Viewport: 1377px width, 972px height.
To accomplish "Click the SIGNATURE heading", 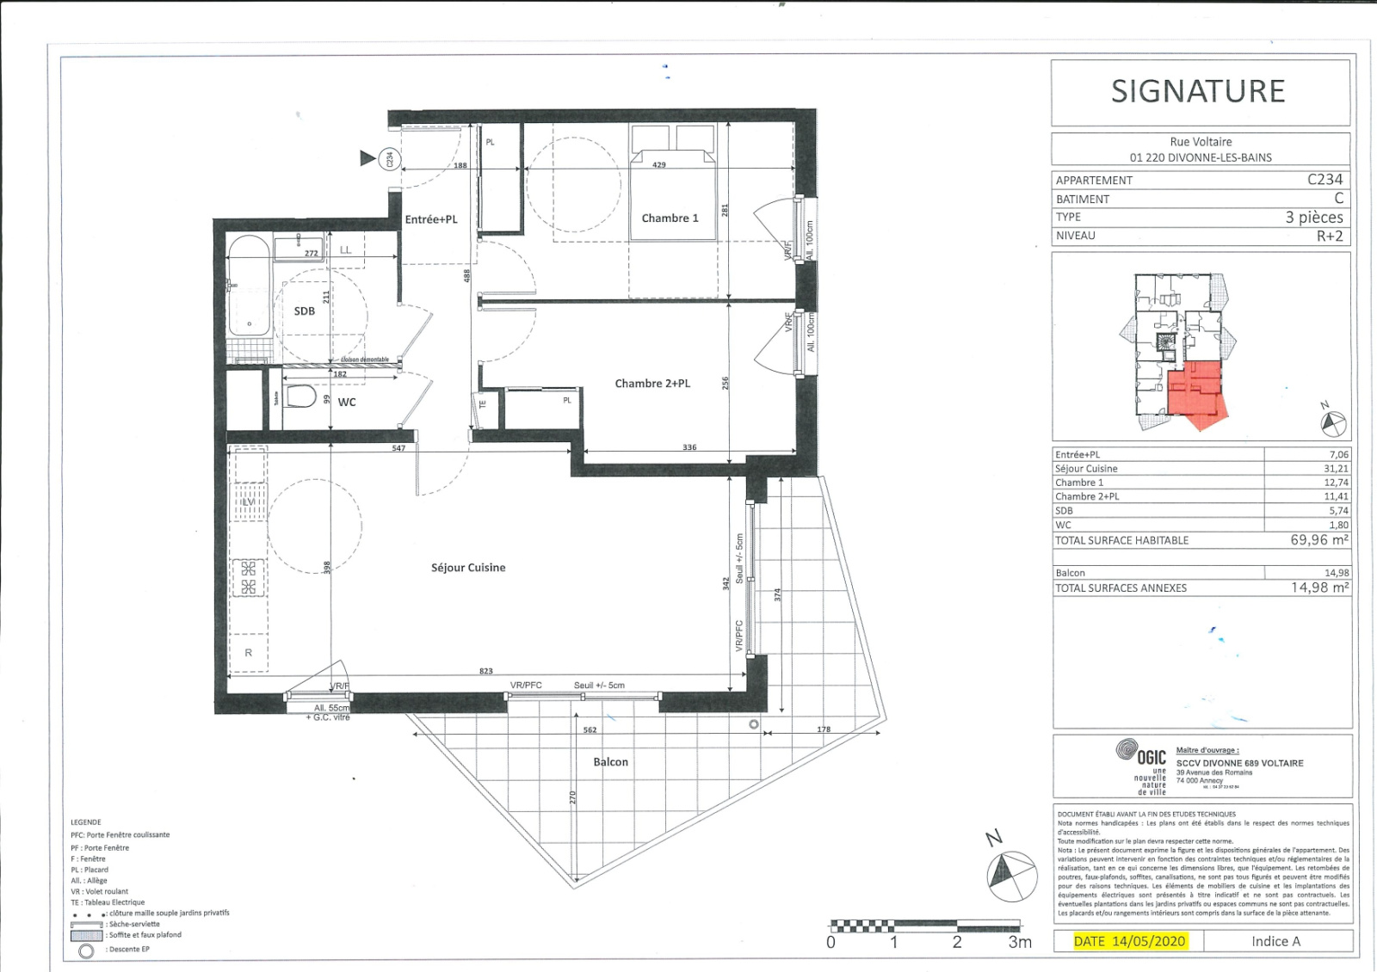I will click(1198, 91).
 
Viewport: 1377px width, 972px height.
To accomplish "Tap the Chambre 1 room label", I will click(670, 218).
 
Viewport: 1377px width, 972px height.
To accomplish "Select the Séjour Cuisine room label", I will click(468, 568).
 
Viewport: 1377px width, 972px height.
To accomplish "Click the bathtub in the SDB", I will click(250, 286).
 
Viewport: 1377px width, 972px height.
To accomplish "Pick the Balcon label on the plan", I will click(610, 762).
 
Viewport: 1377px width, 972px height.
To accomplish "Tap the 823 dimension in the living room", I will click(486, 671).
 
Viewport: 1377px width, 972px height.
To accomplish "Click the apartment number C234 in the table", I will click(1325, 179).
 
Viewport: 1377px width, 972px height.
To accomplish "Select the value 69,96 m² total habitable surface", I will click(1318, 540).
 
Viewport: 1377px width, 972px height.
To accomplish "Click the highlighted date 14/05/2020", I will click(1149, 941).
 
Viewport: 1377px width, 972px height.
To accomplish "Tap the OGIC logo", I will click(1142, 754).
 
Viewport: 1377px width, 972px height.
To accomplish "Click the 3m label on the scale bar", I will click(1020, 943).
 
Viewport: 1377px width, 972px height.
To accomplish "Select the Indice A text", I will click(1275, 941).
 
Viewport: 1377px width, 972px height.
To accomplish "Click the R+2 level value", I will click(1330, 236).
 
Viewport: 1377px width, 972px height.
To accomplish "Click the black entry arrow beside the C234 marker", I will click(368, 157).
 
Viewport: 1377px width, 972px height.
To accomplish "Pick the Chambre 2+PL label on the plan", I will click(652, 384).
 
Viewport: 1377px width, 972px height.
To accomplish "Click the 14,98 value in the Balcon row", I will click(1337, 573).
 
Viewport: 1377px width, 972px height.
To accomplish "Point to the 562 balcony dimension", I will click(590, 730).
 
